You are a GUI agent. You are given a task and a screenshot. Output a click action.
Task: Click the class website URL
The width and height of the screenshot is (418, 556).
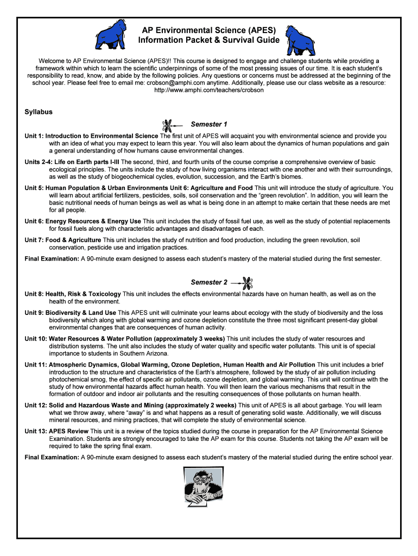pyautogui.click(x=209, y=90)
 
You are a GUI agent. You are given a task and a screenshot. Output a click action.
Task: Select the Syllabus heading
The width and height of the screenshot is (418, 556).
pyautogui.click(x=39, y=112)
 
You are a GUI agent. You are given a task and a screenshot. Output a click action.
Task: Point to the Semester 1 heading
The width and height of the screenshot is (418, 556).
pyautogui.click(x=209, y=124)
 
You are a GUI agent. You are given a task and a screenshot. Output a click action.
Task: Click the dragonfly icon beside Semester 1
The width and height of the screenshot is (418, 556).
pyautogui.click(x=169, y=125)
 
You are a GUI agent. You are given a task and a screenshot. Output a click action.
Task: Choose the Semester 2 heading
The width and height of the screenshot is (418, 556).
pyautogui.click(x=209, y=282)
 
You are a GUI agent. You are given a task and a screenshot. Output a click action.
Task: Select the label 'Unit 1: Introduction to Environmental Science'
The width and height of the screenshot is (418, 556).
pyautogui.click(x=92, y=136)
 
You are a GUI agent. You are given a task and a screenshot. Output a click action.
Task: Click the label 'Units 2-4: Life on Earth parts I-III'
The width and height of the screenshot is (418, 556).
pyautogui.click(x=72, y=162)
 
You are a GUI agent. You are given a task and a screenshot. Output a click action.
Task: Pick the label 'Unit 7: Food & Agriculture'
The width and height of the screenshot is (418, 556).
pyautogui.click(x=63, y=240)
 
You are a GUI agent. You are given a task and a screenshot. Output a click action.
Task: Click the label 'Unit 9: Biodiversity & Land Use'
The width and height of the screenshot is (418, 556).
pyautogui.click(x=71, y=313)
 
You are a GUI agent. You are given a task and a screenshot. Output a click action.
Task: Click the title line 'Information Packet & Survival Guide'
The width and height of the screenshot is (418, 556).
pyautogui.click(x=209, y=40)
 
